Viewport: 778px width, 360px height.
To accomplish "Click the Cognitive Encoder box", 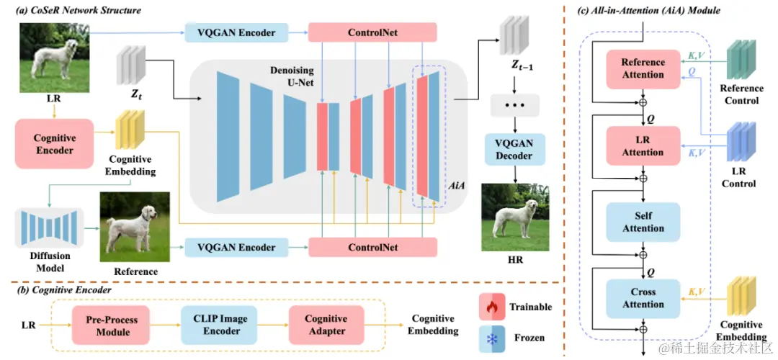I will click(54, 144).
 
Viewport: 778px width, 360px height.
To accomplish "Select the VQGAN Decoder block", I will click(514, 149).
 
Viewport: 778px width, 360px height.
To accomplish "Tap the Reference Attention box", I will click(643, 69).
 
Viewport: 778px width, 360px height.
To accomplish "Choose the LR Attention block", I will click(643, 146).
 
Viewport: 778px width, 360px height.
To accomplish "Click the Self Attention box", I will click(643, 222).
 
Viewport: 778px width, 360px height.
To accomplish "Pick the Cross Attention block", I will click(643, 298).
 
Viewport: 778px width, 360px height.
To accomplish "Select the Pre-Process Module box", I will click(113, 325).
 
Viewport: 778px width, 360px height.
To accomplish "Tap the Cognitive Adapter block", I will click(326, 325).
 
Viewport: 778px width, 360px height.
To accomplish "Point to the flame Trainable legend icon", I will click(491, 307).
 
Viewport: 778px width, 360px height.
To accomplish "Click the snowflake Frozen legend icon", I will click(491, 338).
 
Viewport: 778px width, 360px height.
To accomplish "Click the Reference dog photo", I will click(135, 228).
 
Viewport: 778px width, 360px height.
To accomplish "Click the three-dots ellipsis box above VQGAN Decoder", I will click(514, 107).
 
